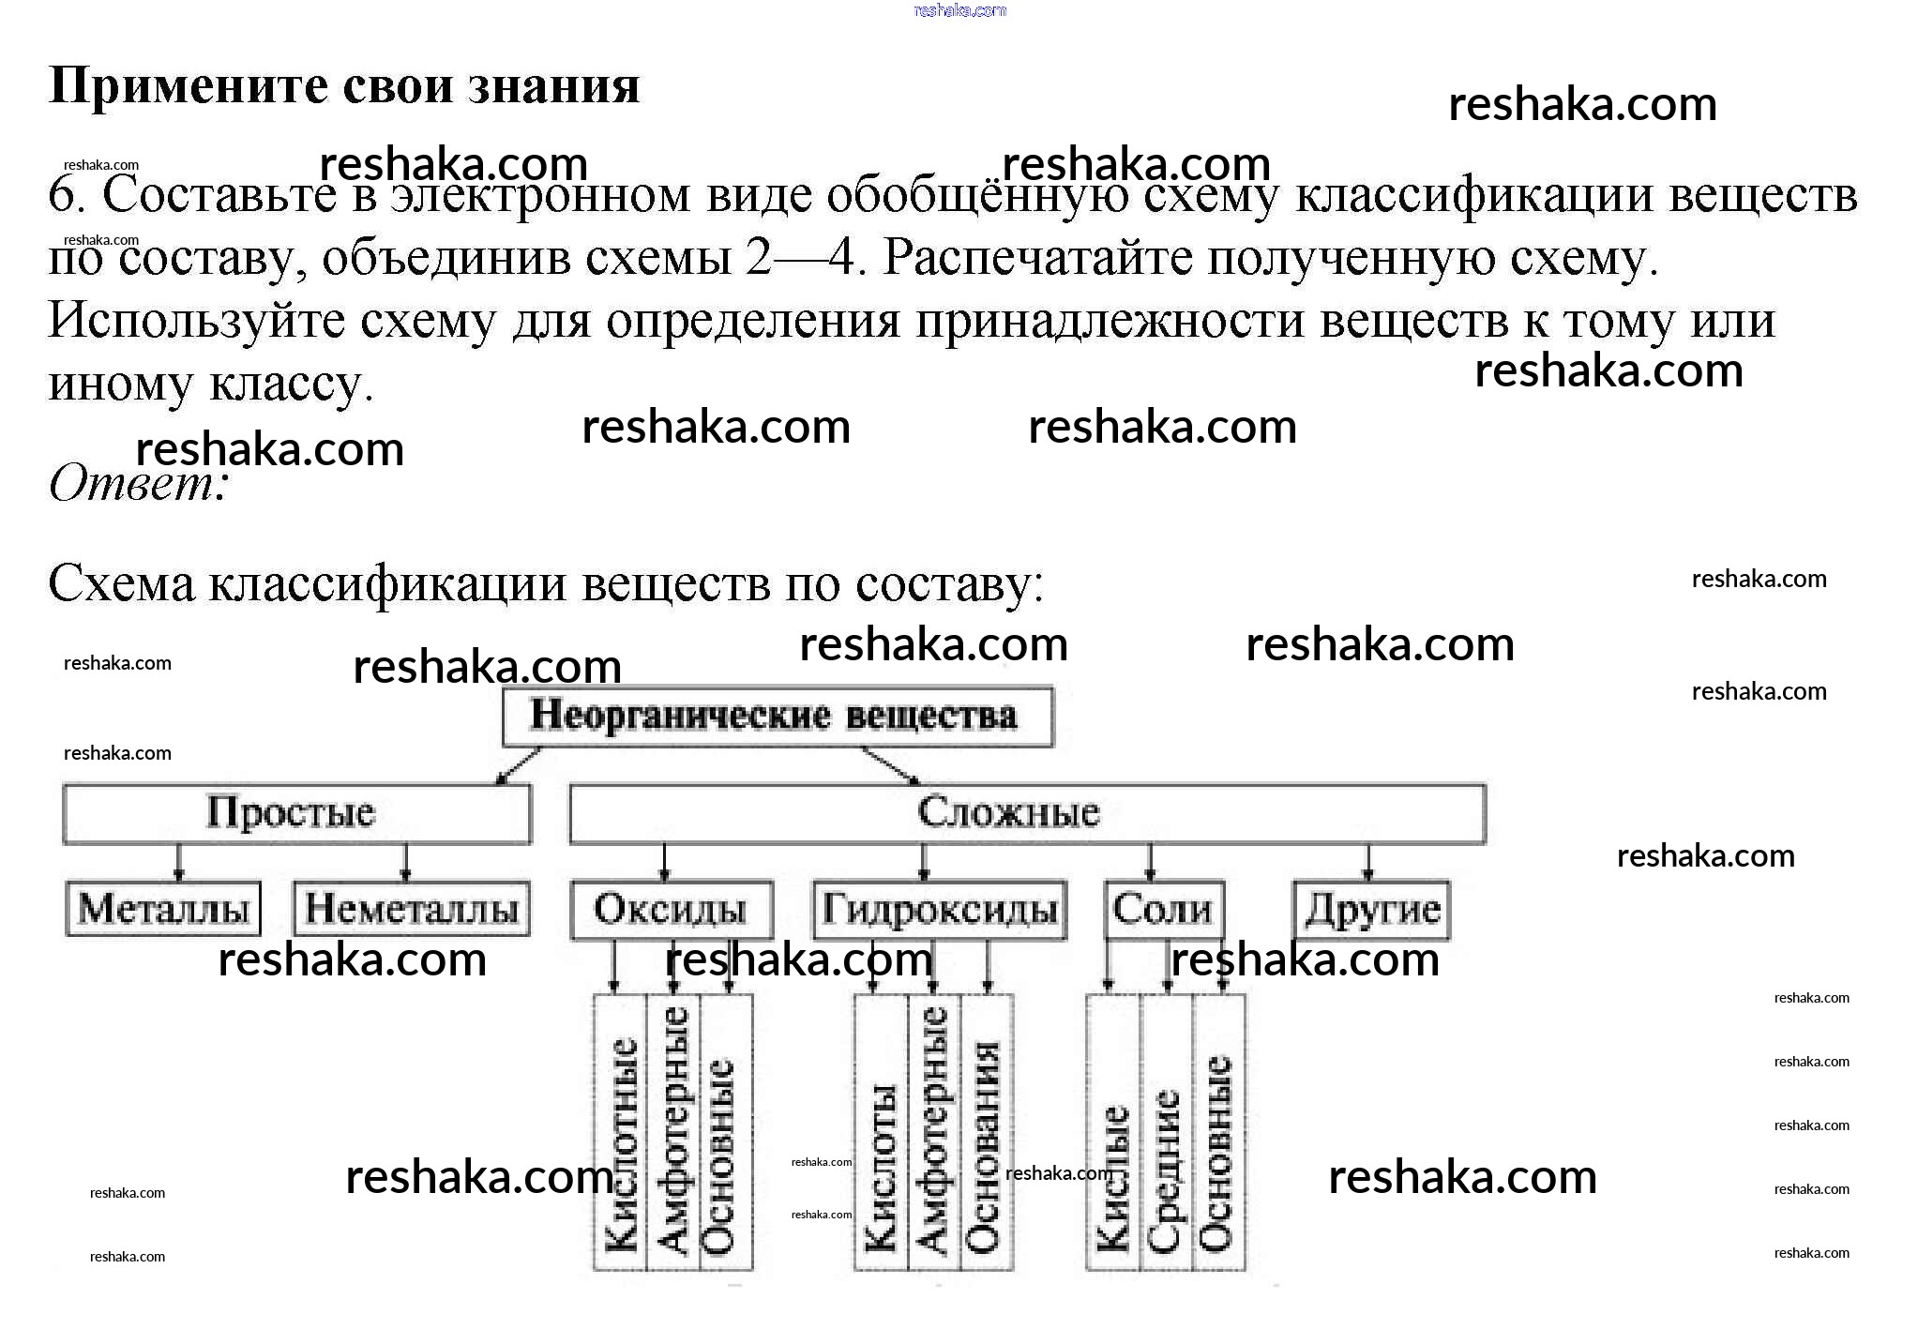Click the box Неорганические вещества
point(777,717)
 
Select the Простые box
point(296,813)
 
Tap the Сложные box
point(1027,813)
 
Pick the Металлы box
point(163,909)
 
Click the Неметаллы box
point(412,909)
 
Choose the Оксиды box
point(672,909)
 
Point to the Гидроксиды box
point(939,909)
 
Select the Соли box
point(1164,909)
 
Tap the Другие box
point(1371,909)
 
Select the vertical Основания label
point(986,1144)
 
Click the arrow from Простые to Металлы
point(179,861)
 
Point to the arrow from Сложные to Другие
point(1367,861)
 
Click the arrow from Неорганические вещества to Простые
point(519,764)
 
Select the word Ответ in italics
point(131,484)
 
